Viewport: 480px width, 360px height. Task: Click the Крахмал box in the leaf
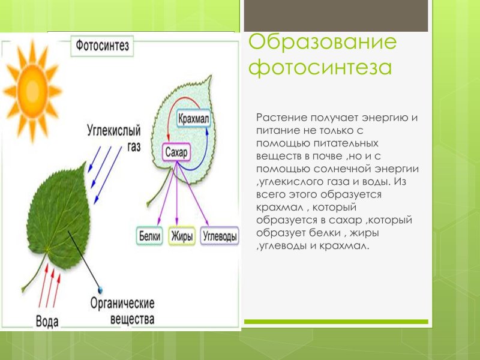194,118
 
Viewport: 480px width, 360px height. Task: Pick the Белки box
149,236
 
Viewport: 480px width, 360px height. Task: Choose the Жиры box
182,236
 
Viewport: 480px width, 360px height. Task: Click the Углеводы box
220,236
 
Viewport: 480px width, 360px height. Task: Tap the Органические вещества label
123,311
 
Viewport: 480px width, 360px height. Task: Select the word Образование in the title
323,43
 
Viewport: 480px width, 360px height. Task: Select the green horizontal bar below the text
337,323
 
